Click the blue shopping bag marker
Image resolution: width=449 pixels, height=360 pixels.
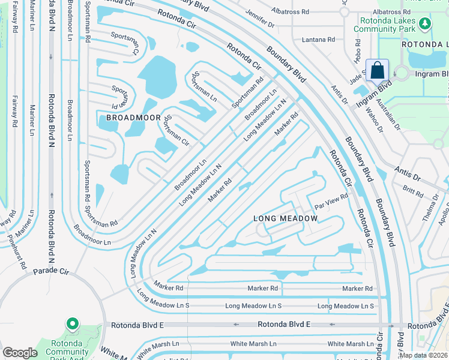tap(377, 70)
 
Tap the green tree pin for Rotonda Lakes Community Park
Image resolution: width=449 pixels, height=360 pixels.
tap(425, 24)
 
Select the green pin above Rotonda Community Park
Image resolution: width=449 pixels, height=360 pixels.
tap(73, 325)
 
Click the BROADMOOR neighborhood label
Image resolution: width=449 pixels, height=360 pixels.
tap(131, 118)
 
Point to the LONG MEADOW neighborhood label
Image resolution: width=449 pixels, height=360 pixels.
tap(285, 218)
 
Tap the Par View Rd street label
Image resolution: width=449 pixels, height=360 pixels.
tap(332, 200)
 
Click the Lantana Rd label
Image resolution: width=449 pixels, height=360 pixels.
tap(319, 40)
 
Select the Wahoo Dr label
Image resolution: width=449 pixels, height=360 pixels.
tap(376, 119)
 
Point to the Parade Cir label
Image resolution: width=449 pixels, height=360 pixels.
tap(51, 272)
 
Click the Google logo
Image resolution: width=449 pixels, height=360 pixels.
tap(20, 353)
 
